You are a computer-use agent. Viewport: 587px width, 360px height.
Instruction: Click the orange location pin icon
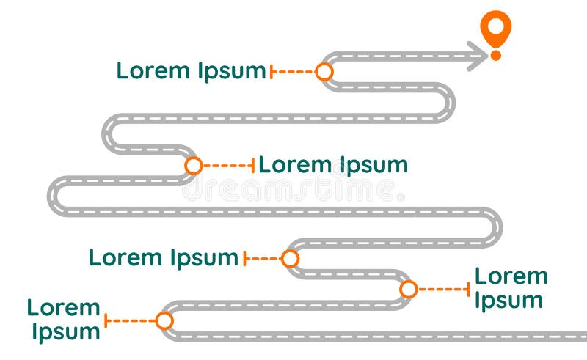496,27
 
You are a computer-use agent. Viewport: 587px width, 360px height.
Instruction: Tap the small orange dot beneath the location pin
496,55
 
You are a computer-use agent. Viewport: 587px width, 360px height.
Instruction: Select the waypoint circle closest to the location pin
324,71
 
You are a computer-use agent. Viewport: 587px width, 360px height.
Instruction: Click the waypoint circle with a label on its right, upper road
194,166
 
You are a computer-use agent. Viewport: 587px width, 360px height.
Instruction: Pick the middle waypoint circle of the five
291,258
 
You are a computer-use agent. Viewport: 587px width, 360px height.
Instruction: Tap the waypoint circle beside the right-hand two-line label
409,289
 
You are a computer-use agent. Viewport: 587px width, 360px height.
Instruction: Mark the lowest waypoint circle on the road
164,320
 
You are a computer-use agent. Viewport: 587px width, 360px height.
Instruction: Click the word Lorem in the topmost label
153,70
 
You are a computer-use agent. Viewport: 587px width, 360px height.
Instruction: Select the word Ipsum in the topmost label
231,72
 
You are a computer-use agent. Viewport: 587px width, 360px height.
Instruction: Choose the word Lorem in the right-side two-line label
511,276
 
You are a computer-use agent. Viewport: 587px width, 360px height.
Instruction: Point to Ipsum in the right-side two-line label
508,301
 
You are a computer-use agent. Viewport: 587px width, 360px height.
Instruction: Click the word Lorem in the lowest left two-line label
63,307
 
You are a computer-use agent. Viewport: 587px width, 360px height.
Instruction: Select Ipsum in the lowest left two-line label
65,331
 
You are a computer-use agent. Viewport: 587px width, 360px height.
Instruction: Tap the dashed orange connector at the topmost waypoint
294,71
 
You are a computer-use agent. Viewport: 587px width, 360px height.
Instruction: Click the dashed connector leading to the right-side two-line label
442,289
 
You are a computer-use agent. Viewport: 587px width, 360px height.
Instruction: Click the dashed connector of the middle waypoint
263,258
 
